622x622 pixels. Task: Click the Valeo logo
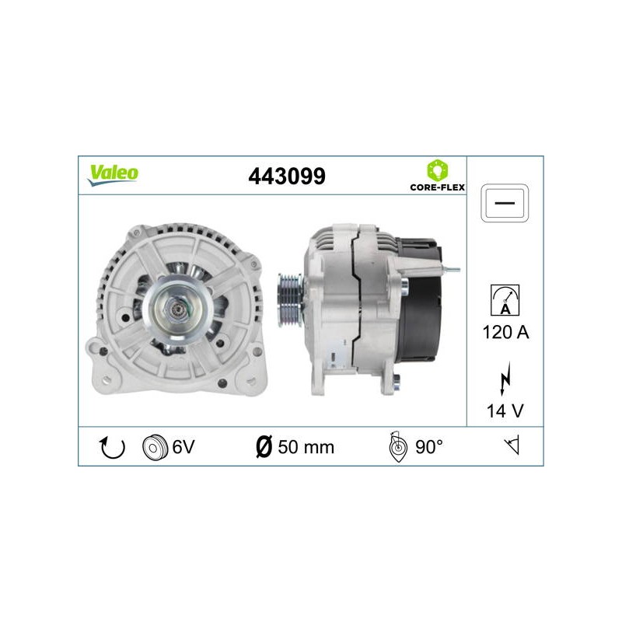pos(113,175)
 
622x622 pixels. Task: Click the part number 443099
pos(287,176)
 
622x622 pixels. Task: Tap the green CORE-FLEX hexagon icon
pos(438,170)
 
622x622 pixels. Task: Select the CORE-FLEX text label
pos(438,187)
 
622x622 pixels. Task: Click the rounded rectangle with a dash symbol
pos(505,203)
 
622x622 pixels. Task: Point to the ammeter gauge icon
pos(505,300)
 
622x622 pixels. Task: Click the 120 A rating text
pos(505,332)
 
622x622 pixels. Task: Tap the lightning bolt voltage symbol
pos(505,378)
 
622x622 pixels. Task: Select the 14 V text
pos(505,411)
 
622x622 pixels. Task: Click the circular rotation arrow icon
pos(112,447)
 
